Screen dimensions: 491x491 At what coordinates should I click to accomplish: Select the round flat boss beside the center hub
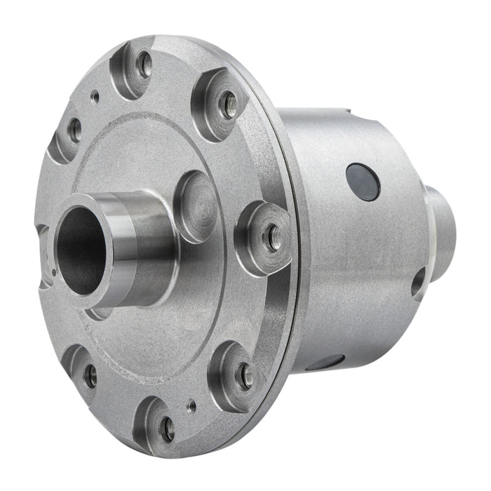pyautogui.click(x=194, y=207)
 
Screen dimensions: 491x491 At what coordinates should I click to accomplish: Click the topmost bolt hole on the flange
pyautogui.click(x=144, y=66)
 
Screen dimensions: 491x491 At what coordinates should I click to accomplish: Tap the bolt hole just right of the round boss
pyautogui.click(x=271, y=236)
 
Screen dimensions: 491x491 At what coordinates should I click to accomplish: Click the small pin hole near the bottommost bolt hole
pyautogui.click(x=190, y=404)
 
